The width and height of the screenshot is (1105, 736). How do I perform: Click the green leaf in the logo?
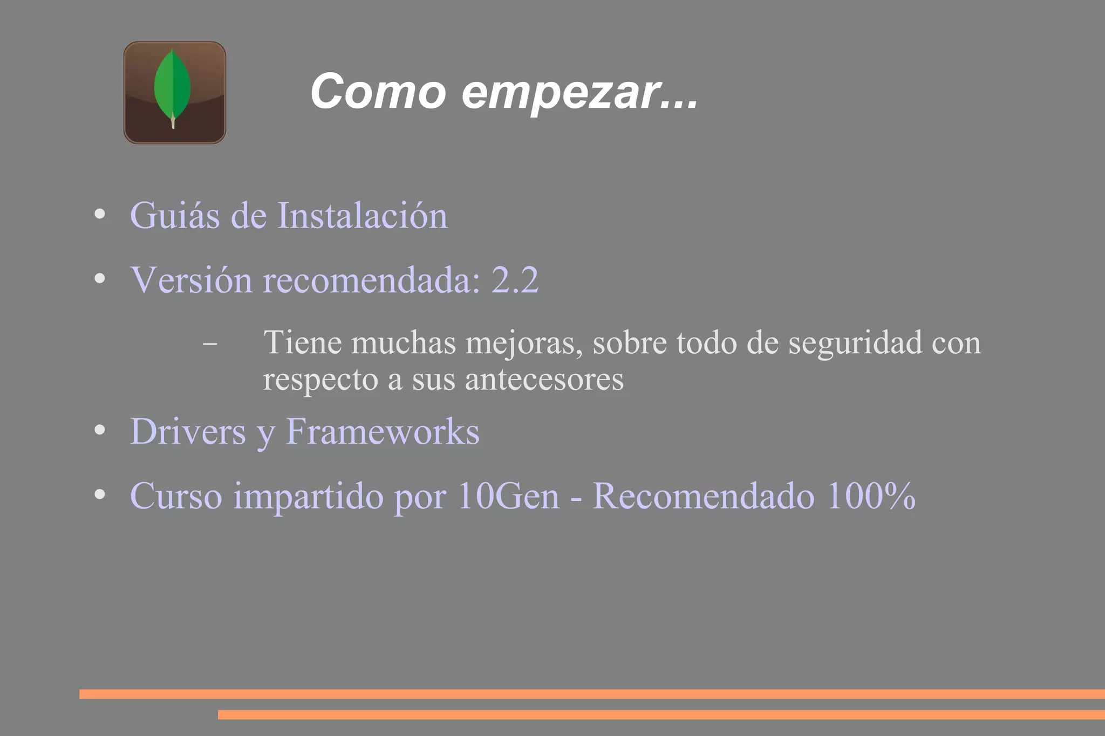click(172, 86)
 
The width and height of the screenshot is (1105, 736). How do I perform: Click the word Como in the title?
click(378, 92)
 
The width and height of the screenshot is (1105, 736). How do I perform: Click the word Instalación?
click(362, 216)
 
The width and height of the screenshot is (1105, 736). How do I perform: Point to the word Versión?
click(191, 280)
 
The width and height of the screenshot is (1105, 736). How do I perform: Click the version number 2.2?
click(515, 280)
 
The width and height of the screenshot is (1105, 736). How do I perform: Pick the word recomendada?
click(371, 280)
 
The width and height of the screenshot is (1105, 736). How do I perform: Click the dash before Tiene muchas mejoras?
click(210, 343)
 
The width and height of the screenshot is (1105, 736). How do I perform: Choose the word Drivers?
click(188, 431)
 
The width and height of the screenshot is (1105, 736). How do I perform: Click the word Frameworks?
click(383, 431)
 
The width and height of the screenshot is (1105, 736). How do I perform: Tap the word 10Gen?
click(508, 496)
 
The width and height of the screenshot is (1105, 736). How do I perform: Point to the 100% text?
click(871, 496)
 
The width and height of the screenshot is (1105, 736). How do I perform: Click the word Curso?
click(176, 496)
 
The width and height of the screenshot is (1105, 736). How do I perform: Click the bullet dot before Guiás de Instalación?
click(99, 215)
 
